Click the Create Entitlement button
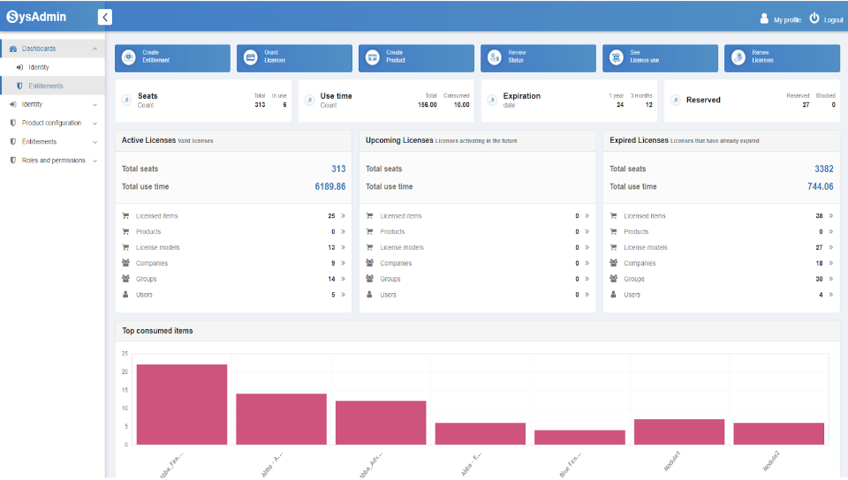tap(172, 57)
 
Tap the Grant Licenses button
tap(294, 57)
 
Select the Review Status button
tap(538, 57)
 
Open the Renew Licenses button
tap(782, 57)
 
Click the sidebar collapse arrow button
tap(105, 17)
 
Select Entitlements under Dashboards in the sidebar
tap(46, 86)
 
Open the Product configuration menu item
tap(51, 123)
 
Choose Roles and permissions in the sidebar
tap(53, 161)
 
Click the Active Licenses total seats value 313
tap(338, 169)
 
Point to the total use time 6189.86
tap(329, 187)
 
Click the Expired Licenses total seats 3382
tap(823, 169)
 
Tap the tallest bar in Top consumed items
tap(181, 404)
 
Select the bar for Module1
tap(678, 431)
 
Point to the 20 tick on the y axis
tap(125, 371)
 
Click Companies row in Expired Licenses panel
tap(640, 263)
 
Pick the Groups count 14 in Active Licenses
tap(331, 279)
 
